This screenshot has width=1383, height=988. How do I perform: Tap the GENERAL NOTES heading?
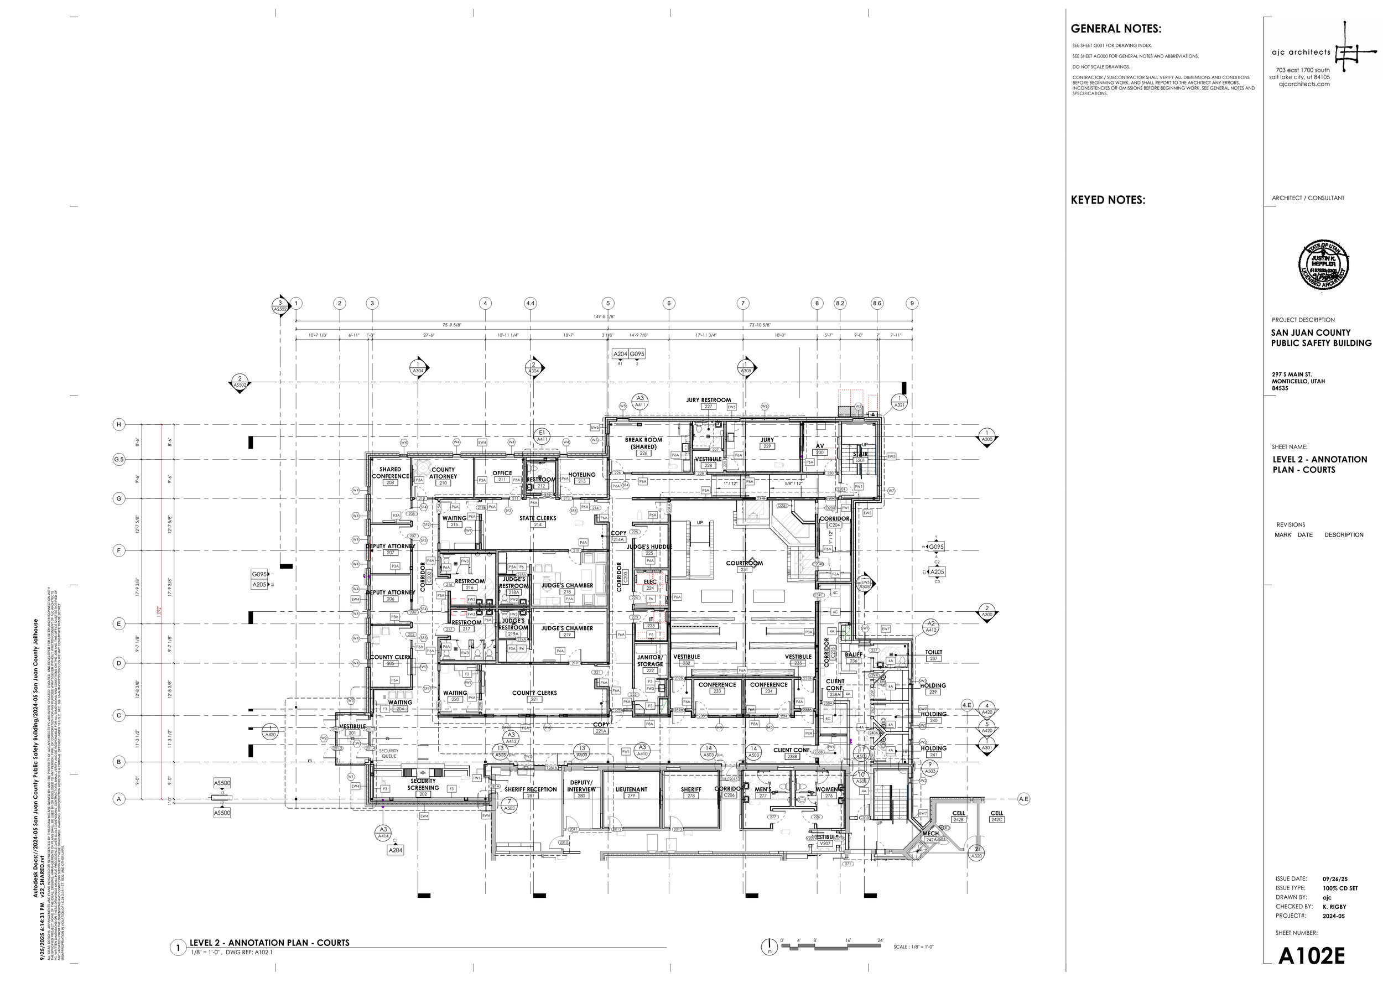(x=1115, y=29)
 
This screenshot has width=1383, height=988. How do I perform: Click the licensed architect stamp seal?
(x=1324, y=265)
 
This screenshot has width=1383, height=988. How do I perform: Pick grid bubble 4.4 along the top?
(x=530, y=303)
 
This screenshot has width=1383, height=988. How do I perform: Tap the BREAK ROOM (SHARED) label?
(x=643, y=444)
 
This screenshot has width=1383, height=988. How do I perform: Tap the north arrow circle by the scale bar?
(x=769, y=947)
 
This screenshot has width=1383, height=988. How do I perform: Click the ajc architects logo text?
(x=1301, y=53)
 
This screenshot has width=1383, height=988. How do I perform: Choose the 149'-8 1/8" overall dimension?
(x=605, y=316)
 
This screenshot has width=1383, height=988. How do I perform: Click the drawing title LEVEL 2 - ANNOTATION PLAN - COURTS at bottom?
(x=269, y=943)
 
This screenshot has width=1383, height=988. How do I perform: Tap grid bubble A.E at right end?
(x=1023, y=799)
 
